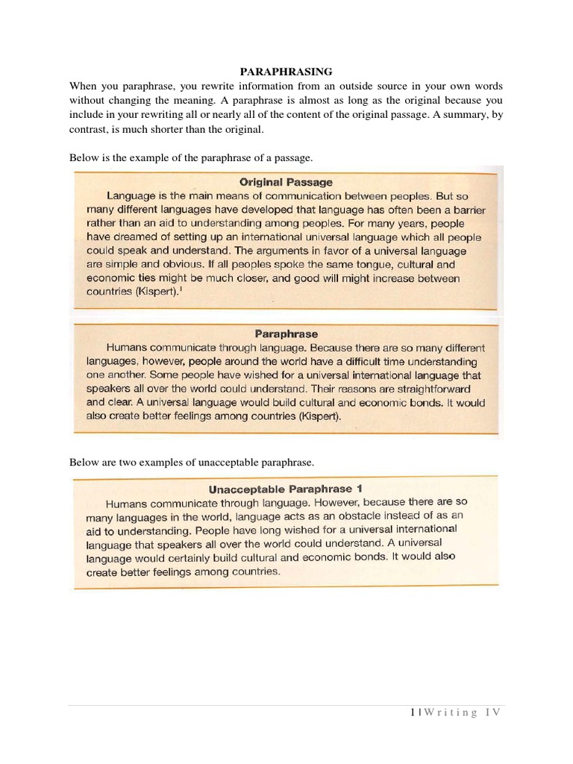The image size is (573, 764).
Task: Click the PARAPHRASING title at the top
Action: point(286,72)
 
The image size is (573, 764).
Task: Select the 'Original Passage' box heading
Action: point(286,181)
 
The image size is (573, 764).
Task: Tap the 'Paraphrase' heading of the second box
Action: point(286,334)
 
